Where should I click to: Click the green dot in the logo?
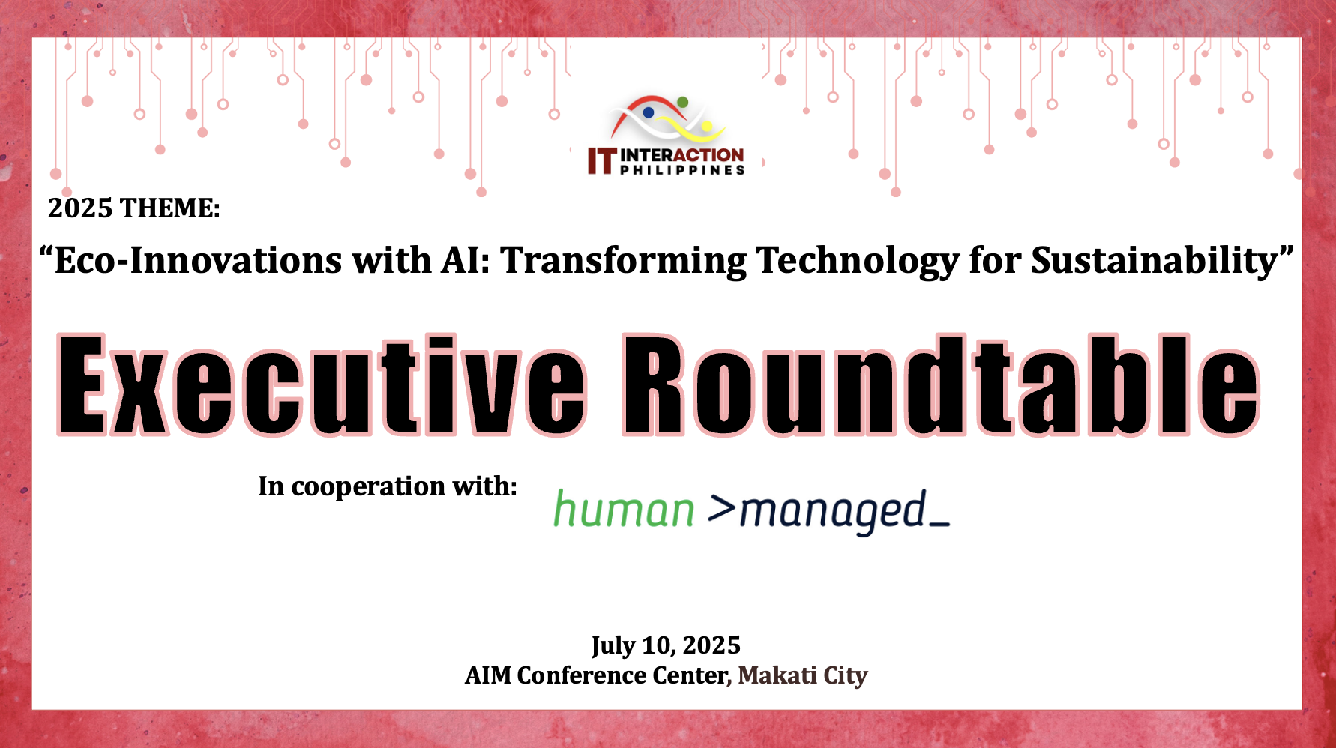tap(682, 102)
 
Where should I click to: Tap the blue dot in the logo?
tap(649, 112)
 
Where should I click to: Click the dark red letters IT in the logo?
tap(601, 160)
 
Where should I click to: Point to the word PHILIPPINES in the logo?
tap(682, 170)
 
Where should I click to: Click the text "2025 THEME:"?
tap(134, 208)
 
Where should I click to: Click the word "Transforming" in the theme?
tap(624, 262)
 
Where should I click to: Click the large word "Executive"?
tap(322, 385)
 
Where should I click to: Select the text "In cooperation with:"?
tap(388, 486)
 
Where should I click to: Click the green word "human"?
tap(624, 510)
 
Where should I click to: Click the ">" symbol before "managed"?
tap(721, 508)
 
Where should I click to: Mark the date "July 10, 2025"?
tap(666, 645)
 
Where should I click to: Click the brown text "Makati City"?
tap(803, 675)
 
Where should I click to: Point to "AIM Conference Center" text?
tap(596, 675)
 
